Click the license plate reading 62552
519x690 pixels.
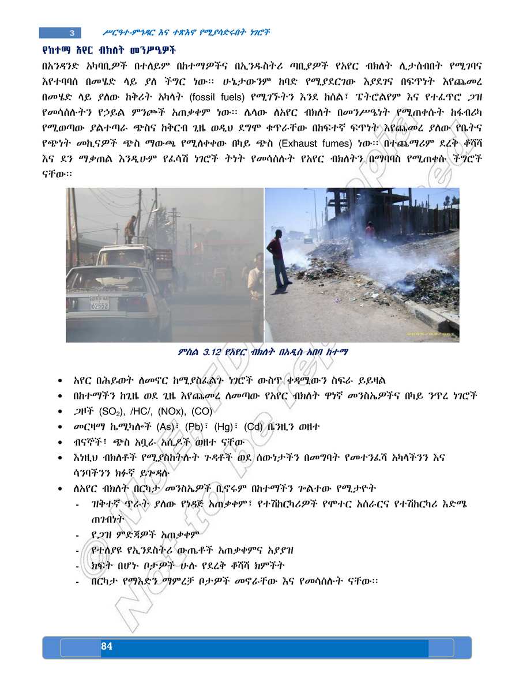coord(99,305)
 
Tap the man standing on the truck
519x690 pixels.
coord(130,229)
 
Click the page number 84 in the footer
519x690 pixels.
coord(106,646)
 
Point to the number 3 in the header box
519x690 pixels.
coord(72,32)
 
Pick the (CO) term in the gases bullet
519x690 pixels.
coord(204,412)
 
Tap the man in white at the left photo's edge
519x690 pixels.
coord(255,288)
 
